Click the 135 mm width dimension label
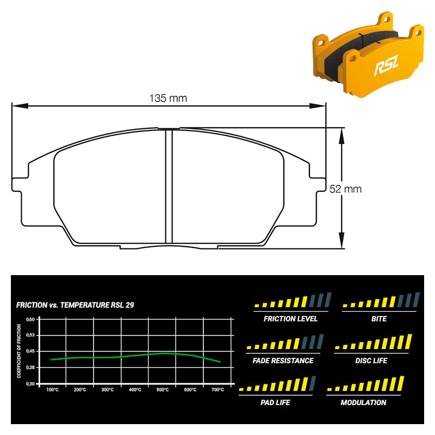click(x=168, y=98)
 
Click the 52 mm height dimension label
click(x=345, y=189)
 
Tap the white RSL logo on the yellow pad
click(x=386, y=65)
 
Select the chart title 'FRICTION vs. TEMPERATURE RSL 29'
click(x=75, y=305)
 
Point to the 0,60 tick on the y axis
click(x=30, y=319)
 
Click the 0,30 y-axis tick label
click(x=30, y=384)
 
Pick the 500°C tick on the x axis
click(x=163, y=390)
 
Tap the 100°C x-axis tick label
click(x=52, y=390)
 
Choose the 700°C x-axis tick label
click(x=218, y=390)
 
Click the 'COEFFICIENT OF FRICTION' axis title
click(x=19, y=351)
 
